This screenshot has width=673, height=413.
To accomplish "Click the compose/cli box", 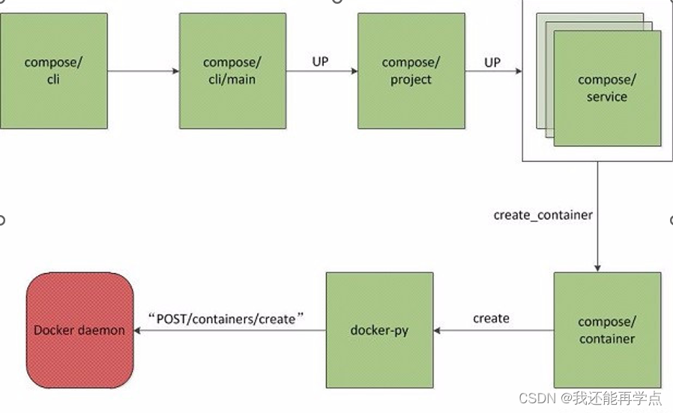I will [x=53, y=70].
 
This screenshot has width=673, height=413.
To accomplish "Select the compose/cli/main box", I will [x=232, y=70].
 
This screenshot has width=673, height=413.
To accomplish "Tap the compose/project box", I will [x=411, y=70].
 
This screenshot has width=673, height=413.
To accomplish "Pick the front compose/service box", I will [x=607, y=88].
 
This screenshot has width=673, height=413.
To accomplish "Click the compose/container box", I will [x=607, y=330].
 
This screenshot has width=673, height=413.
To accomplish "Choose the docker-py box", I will [x=379, y=330].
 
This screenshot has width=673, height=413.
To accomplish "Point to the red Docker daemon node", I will [x=79, y=330].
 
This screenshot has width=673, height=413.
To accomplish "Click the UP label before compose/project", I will [x=320, y=61].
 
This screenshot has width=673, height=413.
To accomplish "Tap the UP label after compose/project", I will [x=492, y=62].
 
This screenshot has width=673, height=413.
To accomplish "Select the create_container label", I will [x=543, y=215].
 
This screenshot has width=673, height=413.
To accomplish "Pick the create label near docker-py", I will [x=491, y=319].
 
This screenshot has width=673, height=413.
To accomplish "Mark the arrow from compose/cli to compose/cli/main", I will [x=143, y=71].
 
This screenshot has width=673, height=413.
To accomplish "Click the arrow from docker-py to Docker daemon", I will [x=229, y=330].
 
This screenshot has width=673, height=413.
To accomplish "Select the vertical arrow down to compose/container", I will [x=597, y=225].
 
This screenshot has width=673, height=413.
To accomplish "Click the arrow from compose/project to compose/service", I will [x=493, y=71].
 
